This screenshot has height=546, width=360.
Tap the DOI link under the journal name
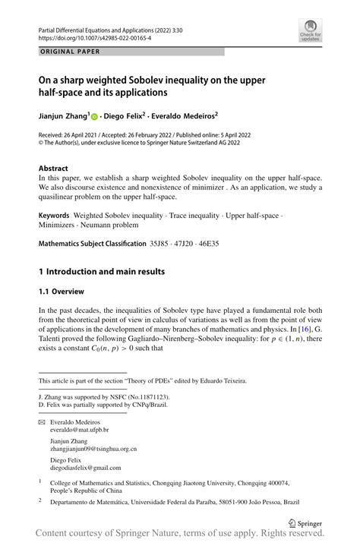84,36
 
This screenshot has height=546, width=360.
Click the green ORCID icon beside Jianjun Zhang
95,117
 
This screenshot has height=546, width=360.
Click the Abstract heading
55,167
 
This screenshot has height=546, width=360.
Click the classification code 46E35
226,244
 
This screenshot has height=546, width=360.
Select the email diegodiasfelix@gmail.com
85,467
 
